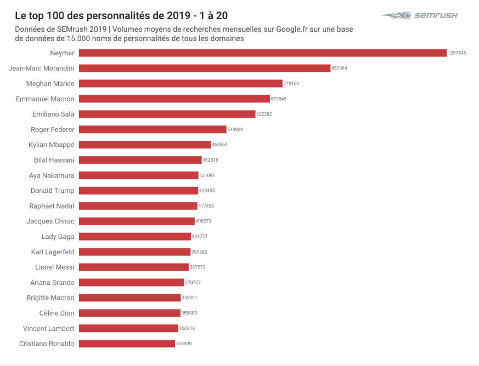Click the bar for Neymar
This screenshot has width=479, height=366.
(262, 53)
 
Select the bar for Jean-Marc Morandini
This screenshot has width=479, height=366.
(205, 68)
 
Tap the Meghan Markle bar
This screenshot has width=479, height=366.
(181, 84)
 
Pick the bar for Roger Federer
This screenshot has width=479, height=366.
(153, 130)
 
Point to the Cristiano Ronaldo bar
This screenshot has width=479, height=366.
(127, 344)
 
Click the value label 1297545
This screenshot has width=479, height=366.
(457, 53)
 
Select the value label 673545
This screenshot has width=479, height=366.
(279, 99)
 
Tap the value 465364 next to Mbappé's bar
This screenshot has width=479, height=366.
(219, 145)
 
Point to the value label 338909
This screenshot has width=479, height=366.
(184, 344)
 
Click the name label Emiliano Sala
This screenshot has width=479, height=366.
(53, 115)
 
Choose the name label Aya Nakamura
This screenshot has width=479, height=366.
(52, 176)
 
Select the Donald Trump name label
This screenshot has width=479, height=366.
(52, 191)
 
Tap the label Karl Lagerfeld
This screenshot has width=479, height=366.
(53, 252)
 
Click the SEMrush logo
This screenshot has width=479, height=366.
(420, 15)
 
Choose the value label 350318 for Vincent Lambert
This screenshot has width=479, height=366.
(187, 329)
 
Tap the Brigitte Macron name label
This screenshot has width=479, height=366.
(50, 298)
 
